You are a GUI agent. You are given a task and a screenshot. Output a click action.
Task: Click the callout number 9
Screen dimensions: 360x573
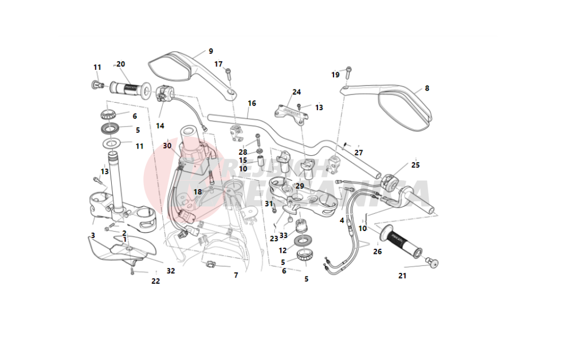pos(211,51)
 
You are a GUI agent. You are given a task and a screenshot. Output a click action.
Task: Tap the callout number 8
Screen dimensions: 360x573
pos(426,88)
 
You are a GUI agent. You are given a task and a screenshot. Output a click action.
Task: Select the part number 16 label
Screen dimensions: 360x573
pos(252,104)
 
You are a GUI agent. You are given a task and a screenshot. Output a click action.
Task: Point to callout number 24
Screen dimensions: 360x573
pos(296,92)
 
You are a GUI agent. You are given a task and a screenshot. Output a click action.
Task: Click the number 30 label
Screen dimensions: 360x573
pos(167,146)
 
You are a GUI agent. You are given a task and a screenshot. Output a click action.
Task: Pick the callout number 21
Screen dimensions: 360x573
pos(402,276)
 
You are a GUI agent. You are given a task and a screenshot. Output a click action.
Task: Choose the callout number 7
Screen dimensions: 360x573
pos(236,276)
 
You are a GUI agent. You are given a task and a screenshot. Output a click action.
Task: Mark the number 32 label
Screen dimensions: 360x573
pos(171,271)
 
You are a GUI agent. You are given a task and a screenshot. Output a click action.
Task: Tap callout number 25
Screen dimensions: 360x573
pos(415,165)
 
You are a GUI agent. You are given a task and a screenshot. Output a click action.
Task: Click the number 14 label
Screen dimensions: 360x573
pos(160,126)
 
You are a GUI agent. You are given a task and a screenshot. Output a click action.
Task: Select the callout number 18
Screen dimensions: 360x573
pos(197,191)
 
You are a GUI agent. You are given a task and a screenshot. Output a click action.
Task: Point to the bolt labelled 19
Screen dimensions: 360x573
pos(348,73)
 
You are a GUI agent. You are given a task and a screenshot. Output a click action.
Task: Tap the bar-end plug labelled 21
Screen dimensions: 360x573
pos(433,264)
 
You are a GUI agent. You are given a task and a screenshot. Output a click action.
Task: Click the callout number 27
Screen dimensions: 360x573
pos(359,152)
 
